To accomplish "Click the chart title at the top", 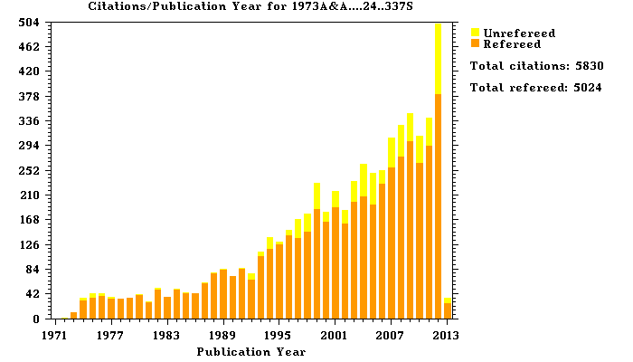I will click(x=237, y=6).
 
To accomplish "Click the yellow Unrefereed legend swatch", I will click(x=475, y=33).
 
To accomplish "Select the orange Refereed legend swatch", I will click(x=475, y=43).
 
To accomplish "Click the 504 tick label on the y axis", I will click(x=29, y=22).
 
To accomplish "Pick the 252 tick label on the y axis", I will click(x=29, y=170).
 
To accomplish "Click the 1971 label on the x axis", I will click(x=55, y=335).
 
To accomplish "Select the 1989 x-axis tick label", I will click(x=223, y=335).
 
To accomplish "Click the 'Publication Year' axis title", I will click(x=250, y=351).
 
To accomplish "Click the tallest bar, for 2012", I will click(x=439, y=172).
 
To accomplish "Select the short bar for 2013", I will click(x=448, y=309).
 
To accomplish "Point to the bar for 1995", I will click(x=279, y=281).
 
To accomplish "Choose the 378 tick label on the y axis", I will click(x=29, y=96).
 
